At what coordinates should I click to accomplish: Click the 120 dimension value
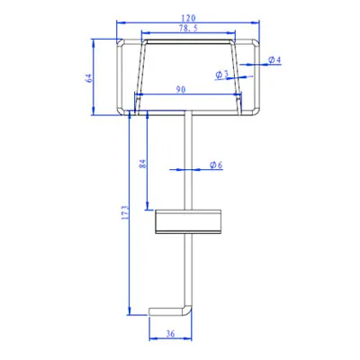tap(188, 18)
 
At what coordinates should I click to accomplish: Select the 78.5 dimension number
tap(188, 29)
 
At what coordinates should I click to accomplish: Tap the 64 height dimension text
tap(89, 78)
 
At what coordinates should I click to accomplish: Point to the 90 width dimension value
tap(181, 89)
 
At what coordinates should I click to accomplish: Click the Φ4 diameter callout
tap(274, 59)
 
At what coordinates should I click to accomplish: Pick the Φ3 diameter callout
tap(222, 74)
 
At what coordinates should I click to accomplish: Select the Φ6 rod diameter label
tap(216, 165)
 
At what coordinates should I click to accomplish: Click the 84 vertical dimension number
tap(143, 164)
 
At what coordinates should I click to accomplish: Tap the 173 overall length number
tap(125, 212)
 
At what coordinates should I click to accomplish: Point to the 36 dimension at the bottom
tap(170, 334)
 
